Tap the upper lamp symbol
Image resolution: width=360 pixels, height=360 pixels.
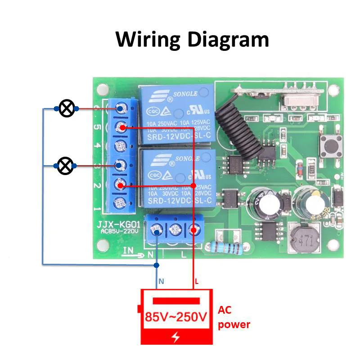(67, 108)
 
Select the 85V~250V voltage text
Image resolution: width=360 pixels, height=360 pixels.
(176, 317)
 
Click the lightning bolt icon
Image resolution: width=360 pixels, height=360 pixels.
(175, 337)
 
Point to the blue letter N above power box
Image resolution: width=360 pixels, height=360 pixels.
(161, 283)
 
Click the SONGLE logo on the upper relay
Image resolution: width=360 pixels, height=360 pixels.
(180, 94)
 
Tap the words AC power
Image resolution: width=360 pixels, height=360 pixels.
(234, 317)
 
